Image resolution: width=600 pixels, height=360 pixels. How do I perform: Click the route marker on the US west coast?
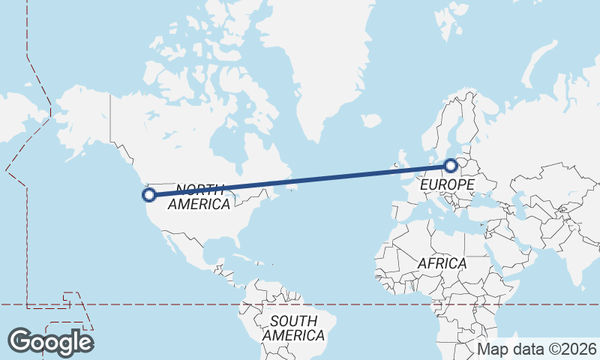point(149,195)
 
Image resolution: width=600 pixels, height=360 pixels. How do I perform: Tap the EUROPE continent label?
point(447,184)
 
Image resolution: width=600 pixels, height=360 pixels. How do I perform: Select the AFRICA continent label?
point(442,264)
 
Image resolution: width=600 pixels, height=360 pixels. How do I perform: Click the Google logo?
point(51,342)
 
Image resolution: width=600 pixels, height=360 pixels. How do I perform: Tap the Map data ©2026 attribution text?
point(537,349)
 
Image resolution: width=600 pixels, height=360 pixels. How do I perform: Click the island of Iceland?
point(370,120)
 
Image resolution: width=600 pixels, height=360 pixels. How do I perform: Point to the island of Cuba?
point(244,255)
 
